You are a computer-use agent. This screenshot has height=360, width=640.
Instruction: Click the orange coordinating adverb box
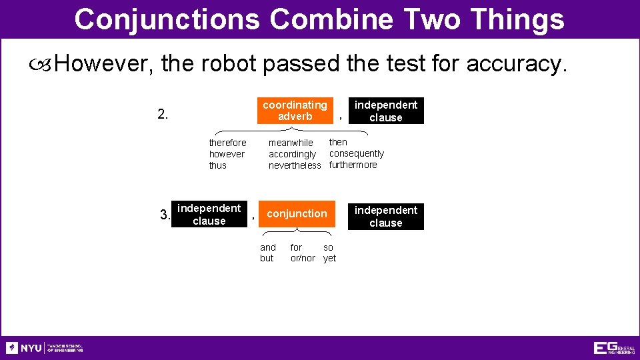(x=295, y=111)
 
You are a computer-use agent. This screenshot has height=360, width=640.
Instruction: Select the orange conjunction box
(x=297, y=214)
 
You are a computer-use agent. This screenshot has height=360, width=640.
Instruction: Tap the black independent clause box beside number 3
(x=209, y=215)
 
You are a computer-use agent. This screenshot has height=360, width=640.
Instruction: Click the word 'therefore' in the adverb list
(x=227, y=143)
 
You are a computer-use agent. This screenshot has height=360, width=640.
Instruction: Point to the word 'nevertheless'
(x=295, y=165)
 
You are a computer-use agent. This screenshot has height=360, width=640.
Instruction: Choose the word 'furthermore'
(x=353, y=165)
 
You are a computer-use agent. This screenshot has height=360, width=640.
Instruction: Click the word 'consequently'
(x=357, y=153)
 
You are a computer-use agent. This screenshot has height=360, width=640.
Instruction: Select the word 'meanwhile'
(x=291, y=143)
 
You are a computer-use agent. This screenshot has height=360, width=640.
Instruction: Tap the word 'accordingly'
(x=292, y=154)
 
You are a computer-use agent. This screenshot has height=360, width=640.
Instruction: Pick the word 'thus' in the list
(x=217, y=165)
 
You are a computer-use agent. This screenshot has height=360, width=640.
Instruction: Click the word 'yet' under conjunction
(x=329, y=258)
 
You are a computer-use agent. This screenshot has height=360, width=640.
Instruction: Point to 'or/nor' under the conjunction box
(x=303, y=258)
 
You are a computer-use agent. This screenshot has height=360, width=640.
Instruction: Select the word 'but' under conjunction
(x=267, y=258)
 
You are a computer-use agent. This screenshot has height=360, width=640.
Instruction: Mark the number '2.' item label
(x=163, y=114)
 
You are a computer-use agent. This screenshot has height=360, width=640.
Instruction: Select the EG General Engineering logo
(x=613, y=348)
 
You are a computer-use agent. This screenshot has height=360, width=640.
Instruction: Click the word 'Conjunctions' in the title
(x=167, y=19)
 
